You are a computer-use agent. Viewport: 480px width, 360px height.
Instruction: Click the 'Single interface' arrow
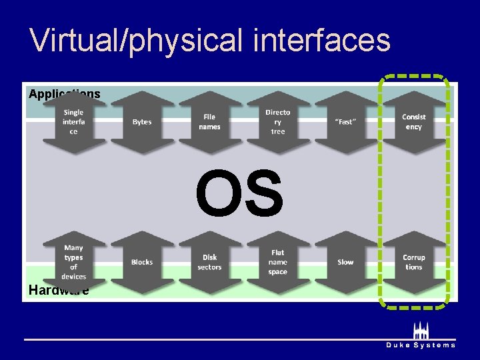74,122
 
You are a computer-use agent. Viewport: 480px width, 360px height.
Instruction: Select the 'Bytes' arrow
142,122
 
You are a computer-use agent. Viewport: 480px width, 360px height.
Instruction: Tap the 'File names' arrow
210,122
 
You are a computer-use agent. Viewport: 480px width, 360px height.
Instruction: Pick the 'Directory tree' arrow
278,122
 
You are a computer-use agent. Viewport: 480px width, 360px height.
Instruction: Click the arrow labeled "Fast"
346,122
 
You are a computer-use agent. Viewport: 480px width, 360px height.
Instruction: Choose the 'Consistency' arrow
414,122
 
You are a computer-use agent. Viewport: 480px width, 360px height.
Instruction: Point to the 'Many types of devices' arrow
74,263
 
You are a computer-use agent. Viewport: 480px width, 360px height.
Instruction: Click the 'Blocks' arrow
142,263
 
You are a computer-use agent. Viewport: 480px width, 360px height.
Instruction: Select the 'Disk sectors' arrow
210,263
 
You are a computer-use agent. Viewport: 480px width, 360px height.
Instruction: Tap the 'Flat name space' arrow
278,263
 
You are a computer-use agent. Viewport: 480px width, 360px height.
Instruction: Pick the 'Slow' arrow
346,263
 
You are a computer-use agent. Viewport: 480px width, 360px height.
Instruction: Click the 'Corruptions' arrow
414,263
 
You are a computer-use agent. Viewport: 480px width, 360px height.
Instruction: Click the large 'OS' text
239,193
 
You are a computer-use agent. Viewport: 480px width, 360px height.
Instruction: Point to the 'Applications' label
65,94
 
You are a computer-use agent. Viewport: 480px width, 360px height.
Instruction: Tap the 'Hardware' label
59,290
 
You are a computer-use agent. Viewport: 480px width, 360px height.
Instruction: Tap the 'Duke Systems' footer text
421,345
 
